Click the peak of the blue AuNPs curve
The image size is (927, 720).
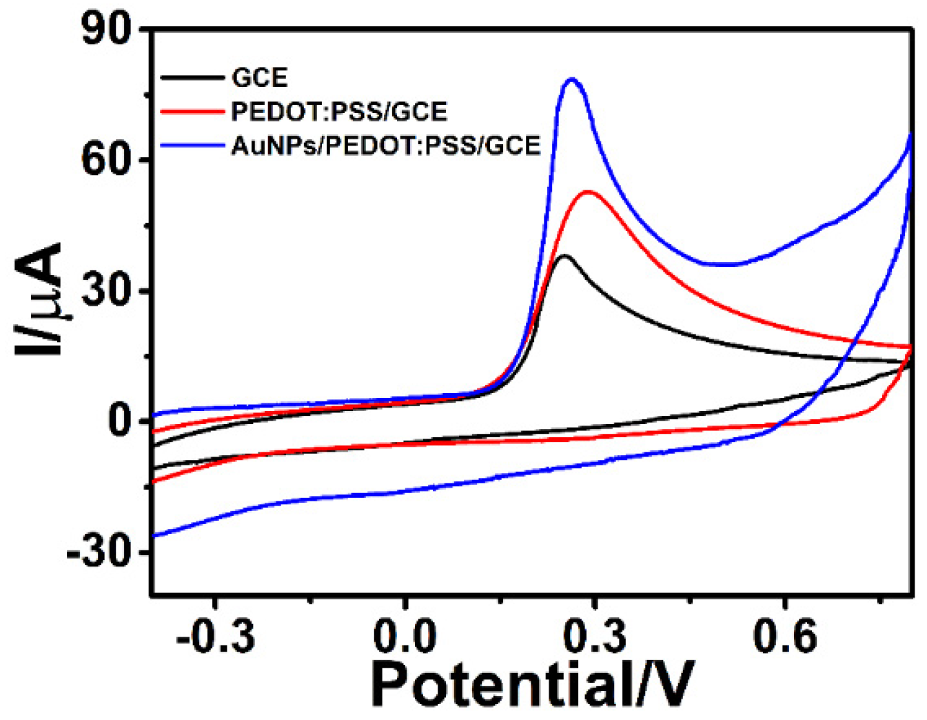coord(571,79)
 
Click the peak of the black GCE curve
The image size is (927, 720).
coord(565,256)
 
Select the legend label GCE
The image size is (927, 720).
coord(260,78)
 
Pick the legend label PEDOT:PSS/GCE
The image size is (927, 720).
coord(339,112)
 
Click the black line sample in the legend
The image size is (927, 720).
coord(192,78)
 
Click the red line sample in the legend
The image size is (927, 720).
coord(192,112)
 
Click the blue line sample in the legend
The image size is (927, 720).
coord(192,146)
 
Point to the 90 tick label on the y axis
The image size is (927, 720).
coord(106,30)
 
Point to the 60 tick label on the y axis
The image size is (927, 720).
coord(106,161)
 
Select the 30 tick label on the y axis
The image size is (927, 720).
coord(106,291)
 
